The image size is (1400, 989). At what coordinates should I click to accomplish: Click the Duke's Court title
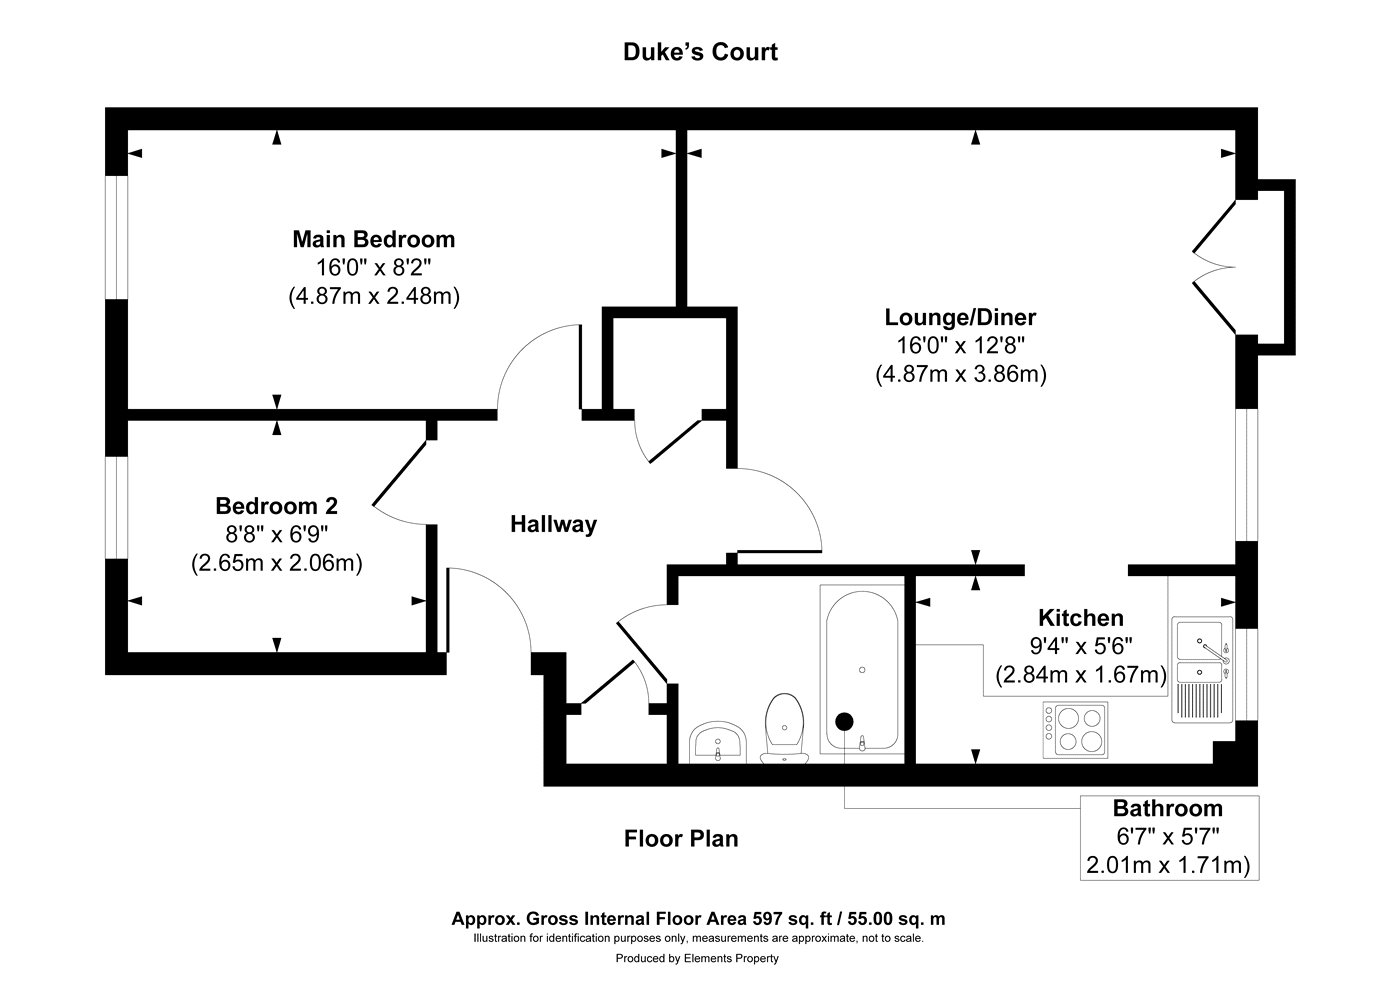coord(700,52)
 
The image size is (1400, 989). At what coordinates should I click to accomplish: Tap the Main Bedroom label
coord(373,240)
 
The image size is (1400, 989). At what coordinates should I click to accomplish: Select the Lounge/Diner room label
coord(960,318)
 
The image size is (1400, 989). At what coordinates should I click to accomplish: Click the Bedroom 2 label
coord(276,505)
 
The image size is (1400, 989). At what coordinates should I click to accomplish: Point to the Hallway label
coord(553,524)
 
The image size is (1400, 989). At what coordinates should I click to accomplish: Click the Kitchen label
coord(1080,618)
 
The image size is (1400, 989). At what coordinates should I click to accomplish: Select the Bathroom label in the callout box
coord(1168,808)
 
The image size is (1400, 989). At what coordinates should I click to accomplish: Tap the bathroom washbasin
coord(717,741)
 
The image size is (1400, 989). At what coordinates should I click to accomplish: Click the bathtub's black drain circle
coord(845,720)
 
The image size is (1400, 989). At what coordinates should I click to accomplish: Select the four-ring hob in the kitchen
coord(1075,729)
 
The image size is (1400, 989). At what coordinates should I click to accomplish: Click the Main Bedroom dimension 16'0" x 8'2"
coord(373,268)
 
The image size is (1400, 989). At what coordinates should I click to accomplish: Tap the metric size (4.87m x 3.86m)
coord(960,375)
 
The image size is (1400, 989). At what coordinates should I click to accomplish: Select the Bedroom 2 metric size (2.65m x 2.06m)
coord(276,563)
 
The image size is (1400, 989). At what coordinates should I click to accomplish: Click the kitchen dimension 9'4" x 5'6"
coord(1080,647)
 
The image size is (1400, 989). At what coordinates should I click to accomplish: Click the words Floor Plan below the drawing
coord(681,838)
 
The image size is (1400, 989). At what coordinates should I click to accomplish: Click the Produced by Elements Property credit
coord(697,958)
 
